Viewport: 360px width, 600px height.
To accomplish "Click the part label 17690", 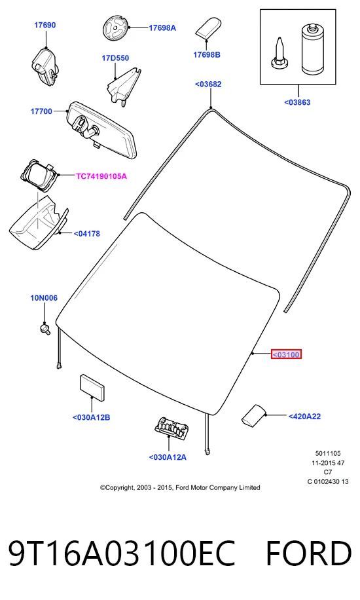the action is [x=45, y=25].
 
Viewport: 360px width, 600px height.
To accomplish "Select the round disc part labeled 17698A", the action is [x=115, y=28].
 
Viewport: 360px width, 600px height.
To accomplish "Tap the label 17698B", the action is [x=207, y=55].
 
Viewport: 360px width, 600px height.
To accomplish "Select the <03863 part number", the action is [x=297, y=102].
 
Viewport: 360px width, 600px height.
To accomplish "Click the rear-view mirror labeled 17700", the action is [x=102, y=129].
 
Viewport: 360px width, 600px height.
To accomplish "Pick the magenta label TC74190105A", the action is [x=101, y=176].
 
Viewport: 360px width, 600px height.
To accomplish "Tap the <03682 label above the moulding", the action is [x=208, y=84].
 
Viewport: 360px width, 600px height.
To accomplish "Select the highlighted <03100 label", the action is [x=286, y=355].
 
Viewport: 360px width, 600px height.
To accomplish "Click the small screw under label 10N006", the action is [x=46, y=328].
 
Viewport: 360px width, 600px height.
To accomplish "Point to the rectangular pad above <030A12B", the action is [x=92, y=387].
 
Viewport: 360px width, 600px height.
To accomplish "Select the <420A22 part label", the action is [x=304, y=417].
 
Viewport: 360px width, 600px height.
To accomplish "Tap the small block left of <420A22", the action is [x=253, y=415].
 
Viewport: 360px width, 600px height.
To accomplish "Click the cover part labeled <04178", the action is [x=37, y=222].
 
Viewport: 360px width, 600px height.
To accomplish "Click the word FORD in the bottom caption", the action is [x=308, y=553].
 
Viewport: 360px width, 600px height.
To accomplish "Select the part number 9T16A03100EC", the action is [x=122, y=553].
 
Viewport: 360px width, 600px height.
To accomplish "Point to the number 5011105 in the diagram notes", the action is [x=328, y=453].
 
